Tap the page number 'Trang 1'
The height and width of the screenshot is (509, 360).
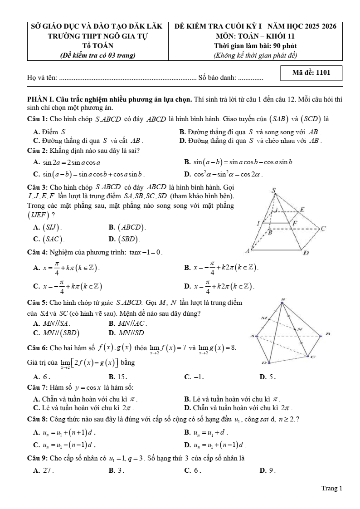tap(331, 488)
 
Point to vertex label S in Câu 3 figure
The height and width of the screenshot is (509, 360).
tap(273, 191)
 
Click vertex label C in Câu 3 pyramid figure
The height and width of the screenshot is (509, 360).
tap(323, 229)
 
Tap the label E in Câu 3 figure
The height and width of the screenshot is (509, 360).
tap(302, 210)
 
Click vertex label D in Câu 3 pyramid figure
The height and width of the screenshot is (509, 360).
tap(306, 253)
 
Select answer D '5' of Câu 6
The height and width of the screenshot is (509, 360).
tap(268, 377)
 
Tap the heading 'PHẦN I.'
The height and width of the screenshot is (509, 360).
tap(40, 100)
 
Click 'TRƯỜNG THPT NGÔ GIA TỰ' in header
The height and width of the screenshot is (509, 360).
tap(98, 36)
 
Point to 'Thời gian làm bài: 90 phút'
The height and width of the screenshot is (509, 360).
tap(255, 45)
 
